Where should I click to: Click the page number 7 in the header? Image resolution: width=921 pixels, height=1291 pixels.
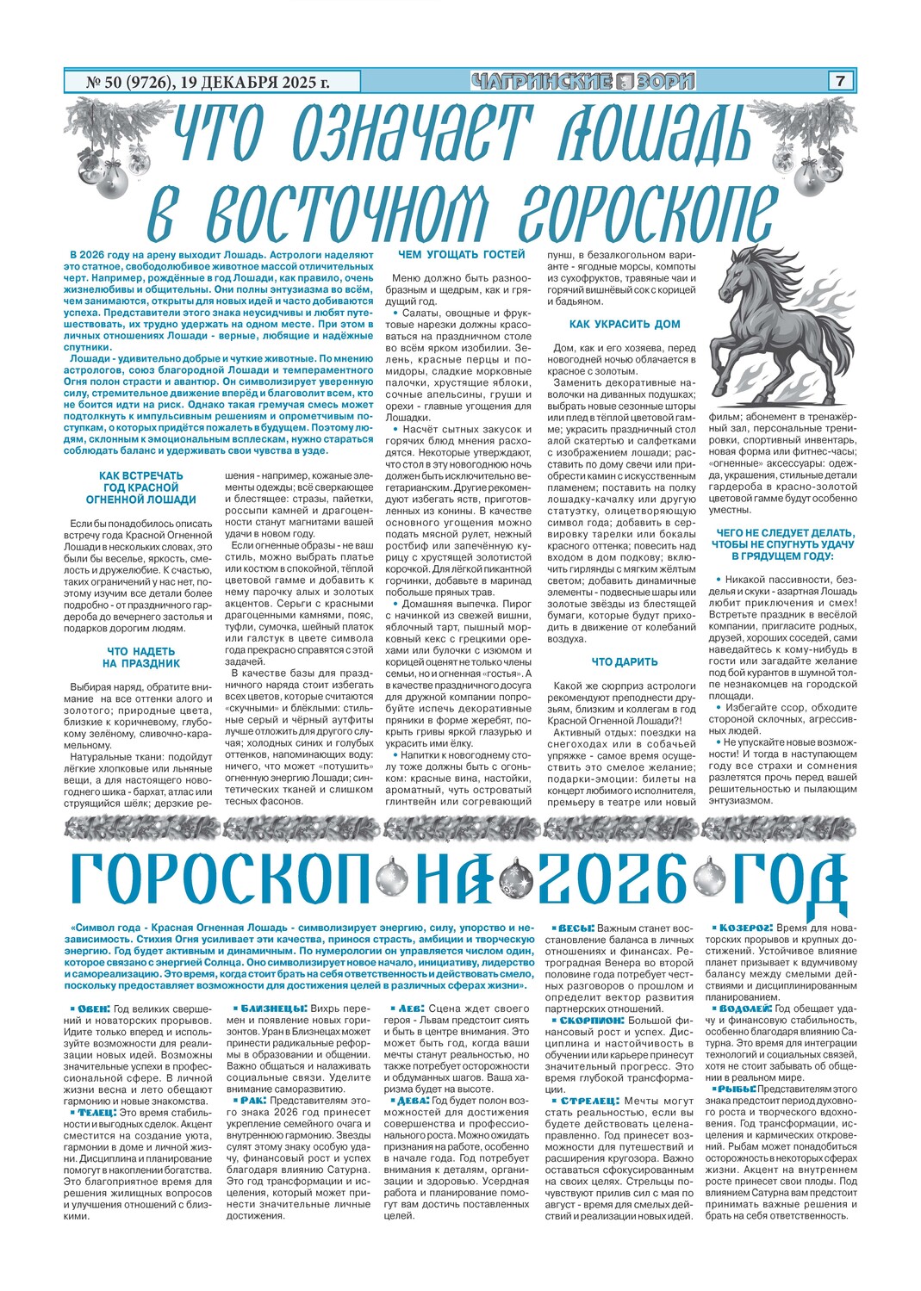839,82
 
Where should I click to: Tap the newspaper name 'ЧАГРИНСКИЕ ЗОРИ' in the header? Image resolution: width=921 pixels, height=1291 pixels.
583,82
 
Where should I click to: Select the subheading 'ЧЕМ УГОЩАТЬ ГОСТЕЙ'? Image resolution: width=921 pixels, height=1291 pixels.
461,255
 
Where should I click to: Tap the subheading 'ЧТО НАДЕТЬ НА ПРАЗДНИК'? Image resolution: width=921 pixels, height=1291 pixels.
141,658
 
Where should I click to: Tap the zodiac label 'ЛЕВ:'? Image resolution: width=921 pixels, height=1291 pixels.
408,1008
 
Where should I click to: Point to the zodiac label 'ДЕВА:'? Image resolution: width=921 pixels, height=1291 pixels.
409,1100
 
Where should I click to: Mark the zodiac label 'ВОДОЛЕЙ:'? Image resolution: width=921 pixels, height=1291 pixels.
743,1008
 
